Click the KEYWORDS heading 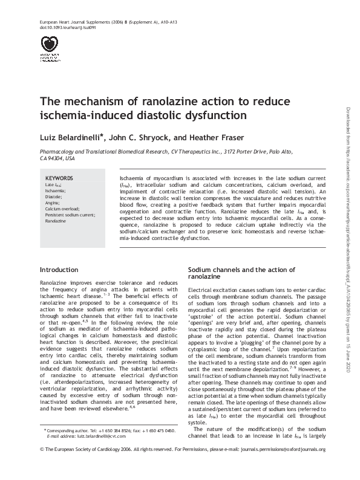coord(59,178)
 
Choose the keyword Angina coord(53,203)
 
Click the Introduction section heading coord(59,269)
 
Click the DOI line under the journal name coord(60,28)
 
